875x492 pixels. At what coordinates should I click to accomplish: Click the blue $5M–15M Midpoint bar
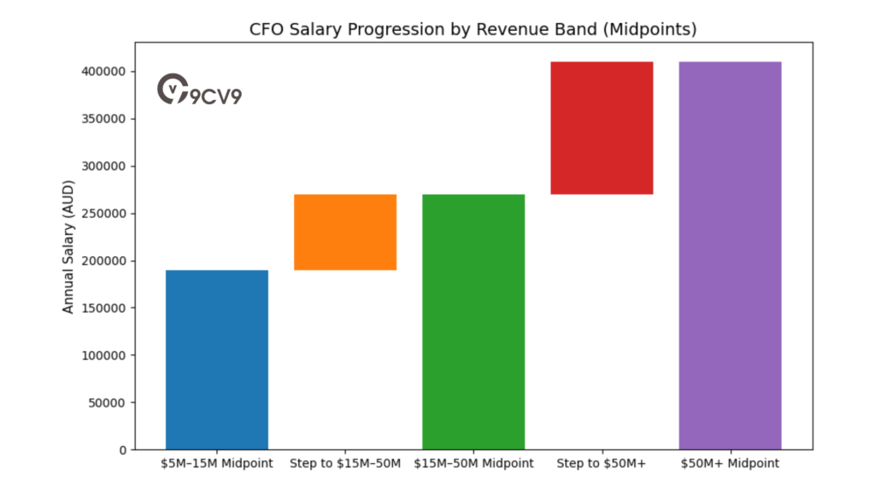[x=217, y=360]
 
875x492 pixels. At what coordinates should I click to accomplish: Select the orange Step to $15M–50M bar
[x=345, y=232]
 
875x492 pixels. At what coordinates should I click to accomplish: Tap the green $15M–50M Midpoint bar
[x=473, y=322]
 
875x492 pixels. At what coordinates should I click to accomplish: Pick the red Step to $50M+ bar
[x=602, y=128]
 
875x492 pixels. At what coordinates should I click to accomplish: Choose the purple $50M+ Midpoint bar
[x=730, y=255]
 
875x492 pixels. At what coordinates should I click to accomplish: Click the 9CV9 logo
[x=200, y=90]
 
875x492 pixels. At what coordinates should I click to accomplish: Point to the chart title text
[x=473, y=30]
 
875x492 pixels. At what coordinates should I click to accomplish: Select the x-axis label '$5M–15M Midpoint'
[x=217, y=464]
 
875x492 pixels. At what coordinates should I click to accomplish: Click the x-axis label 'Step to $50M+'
[x=602, y=464]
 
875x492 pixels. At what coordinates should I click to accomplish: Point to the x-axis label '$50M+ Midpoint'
[x=730, y=464]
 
